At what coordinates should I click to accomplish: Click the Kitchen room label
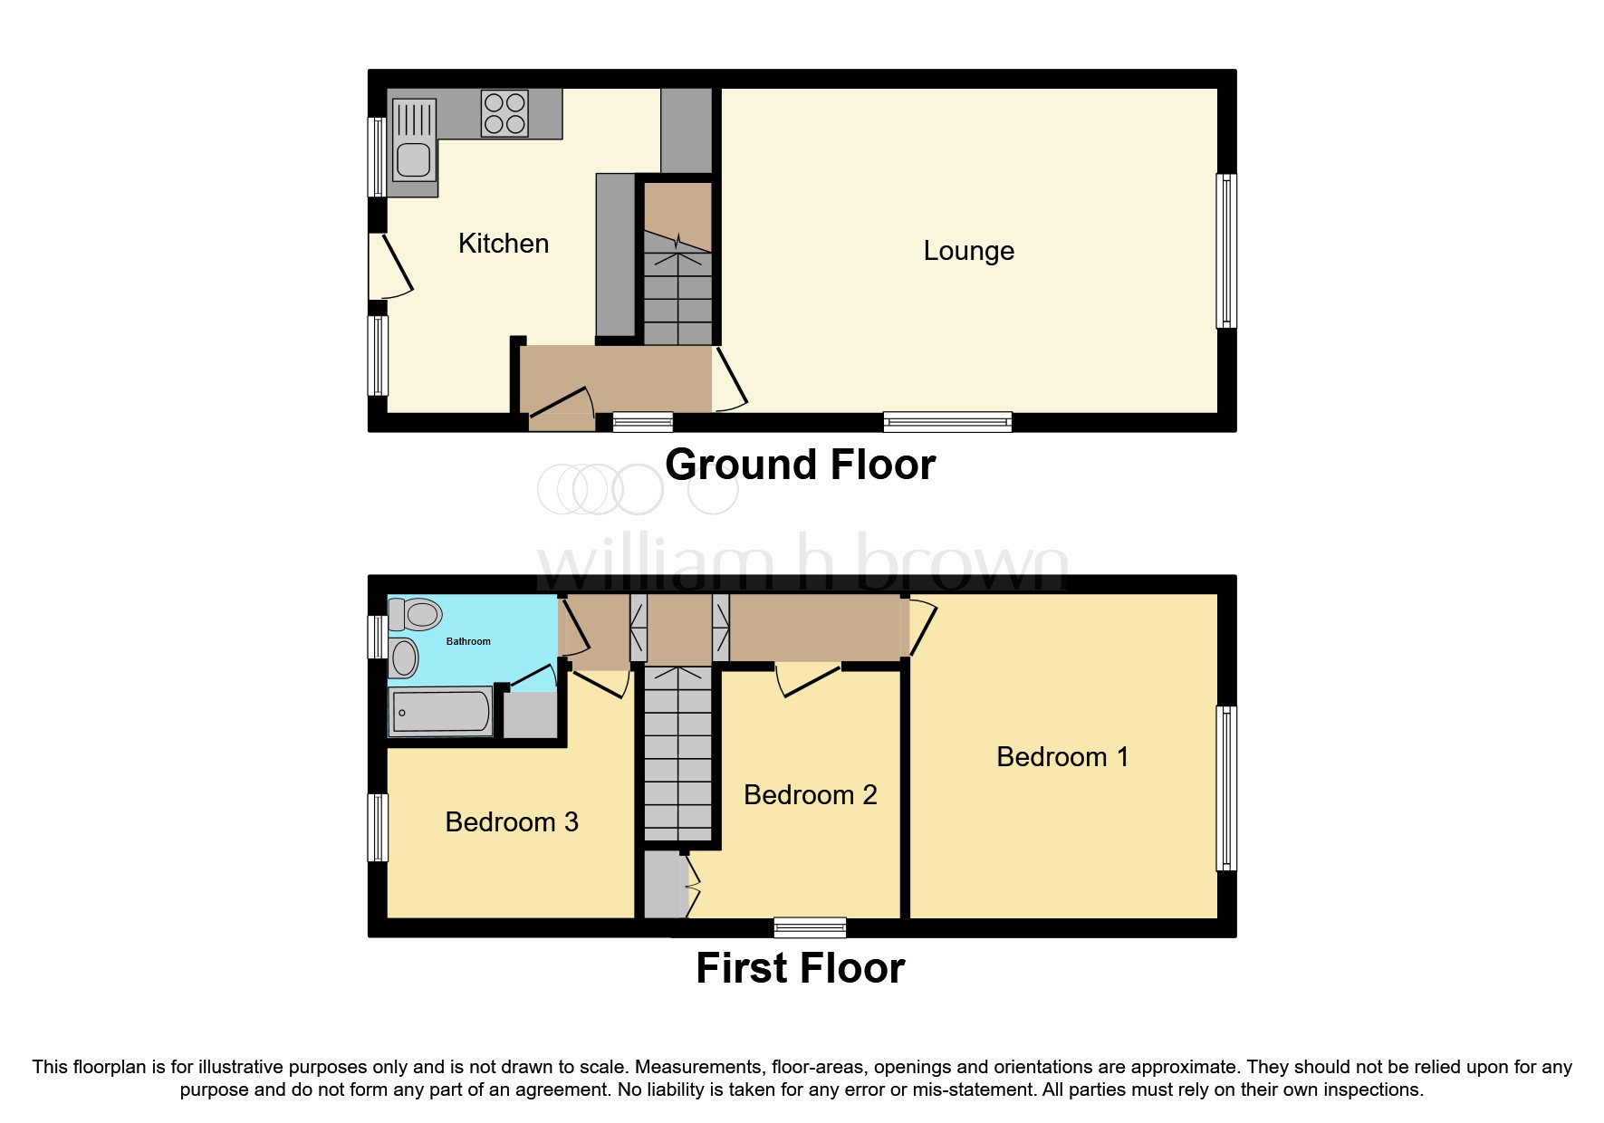[x=504, y=244]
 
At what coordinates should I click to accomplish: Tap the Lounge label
[x=968, y=251]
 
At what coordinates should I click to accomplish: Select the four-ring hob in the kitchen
[x=504, y=113]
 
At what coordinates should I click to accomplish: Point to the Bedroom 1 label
[x=1062, y=757]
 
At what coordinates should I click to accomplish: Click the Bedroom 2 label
[x=810, y=795]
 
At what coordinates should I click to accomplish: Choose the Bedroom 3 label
[x=512, y=822]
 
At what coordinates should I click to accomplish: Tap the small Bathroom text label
[x=468, y=641]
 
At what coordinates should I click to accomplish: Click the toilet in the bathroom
[x=416, y=614]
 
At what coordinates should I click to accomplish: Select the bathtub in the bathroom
[x=441, y=712]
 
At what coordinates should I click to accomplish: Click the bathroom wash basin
[x=404, y=657]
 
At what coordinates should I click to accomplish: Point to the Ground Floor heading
[x=800, y=466]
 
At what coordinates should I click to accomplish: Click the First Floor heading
[x=800, y=968]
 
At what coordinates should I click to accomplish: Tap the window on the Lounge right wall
[x=1226, y=251]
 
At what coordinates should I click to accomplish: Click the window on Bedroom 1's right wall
[x=1226, y=788]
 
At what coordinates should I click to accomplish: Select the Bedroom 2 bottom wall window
[x=810, y=927]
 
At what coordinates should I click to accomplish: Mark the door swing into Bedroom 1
[x=923, y=627]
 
